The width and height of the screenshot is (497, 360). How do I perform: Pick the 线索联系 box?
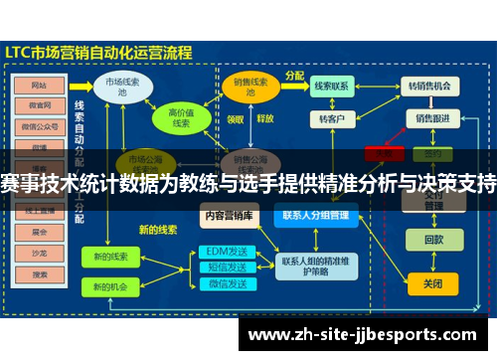click(331, 87)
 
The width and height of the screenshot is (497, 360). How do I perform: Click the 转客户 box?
click(331, 119)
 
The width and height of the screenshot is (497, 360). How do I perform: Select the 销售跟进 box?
click(432, 118)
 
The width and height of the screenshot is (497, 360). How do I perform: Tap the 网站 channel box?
click(41, 85)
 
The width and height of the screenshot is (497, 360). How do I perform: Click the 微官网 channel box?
click(41, 105)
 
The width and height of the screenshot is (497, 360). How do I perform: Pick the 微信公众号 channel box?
click(41, 126)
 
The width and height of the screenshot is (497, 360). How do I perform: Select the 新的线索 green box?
click(111, 257)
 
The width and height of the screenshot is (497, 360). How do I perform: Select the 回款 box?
click(432, 240)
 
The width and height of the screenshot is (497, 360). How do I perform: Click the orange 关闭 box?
click(432, 283)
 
